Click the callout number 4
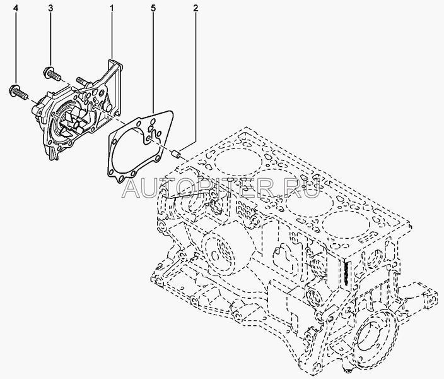pyautogui.click(x=16, y=8)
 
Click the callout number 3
pyautogui.click(x=50, y=8)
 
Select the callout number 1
pyautogui.click(x=112, y=8)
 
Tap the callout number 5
pyautogui.click(x=153, y=8)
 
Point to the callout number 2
pyautogui.click(x=196, y=8)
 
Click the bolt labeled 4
pyautogui.click(x=18, y=91)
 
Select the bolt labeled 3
pyautogui.click(x=52, y=73)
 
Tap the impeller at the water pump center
pyautogui.click(x=72, y=121)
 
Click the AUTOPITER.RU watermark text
pyautogui.click(x=221, y=187)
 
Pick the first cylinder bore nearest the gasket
pyautogui.click(x=238, y=162)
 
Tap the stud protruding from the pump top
pyautogui.click(x=81, y=81)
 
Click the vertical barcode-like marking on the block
pyautogui.click(x=346, y=274)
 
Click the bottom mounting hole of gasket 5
pyautogui.click(x=122, y=179)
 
